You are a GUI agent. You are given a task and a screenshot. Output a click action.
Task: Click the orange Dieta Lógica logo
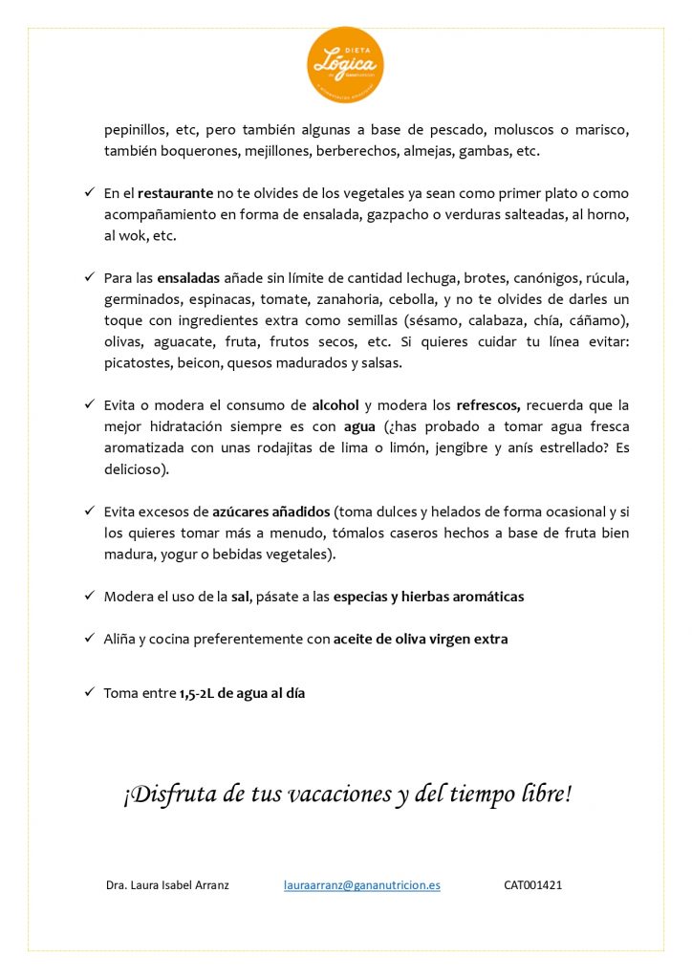[345, 66]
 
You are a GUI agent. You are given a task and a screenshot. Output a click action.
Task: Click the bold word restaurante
[176, 193]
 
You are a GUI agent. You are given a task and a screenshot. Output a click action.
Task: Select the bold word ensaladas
[193, 278]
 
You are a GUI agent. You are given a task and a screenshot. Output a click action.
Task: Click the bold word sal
[240, 597]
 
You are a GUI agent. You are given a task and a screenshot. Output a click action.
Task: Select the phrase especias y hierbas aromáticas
[428, 597]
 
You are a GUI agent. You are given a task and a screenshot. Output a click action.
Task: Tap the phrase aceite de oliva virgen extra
[421, 639]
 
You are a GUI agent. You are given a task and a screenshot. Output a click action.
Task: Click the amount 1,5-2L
[197, 694]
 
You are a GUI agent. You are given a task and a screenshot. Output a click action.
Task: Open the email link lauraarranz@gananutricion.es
[362, 885]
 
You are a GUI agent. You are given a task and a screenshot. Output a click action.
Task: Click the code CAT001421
[532, 885]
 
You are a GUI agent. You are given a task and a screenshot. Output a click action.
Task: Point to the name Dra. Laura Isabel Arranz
[167, 885]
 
